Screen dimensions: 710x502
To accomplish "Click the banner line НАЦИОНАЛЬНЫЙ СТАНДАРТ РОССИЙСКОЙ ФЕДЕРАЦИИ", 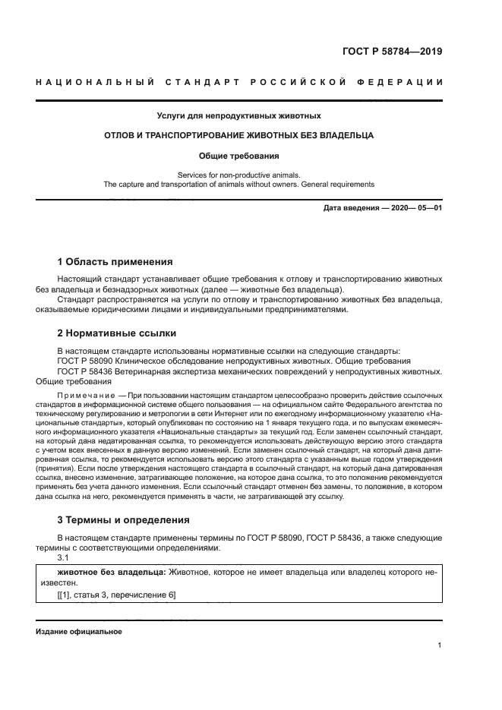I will point(239,82).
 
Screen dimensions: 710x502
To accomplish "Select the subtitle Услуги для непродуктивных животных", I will point(239,116).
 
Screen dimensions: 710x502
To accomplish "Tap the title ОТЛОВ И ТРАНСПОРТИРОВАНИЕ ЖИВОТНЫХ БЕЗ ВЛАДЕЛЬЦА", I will point(239,135).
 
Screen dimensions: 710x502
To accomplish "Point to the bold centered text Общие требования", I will point(239,156).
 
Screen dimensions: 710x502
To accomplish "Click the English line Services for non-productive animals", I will point(239,174).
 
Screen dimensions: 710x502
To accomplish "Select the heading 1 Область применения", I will point(115,261).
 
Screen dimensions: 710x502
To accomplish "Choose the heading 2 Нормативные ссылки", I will point(117,333).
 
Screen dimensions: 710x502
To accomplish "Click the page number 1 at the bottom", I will point(440,645).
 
